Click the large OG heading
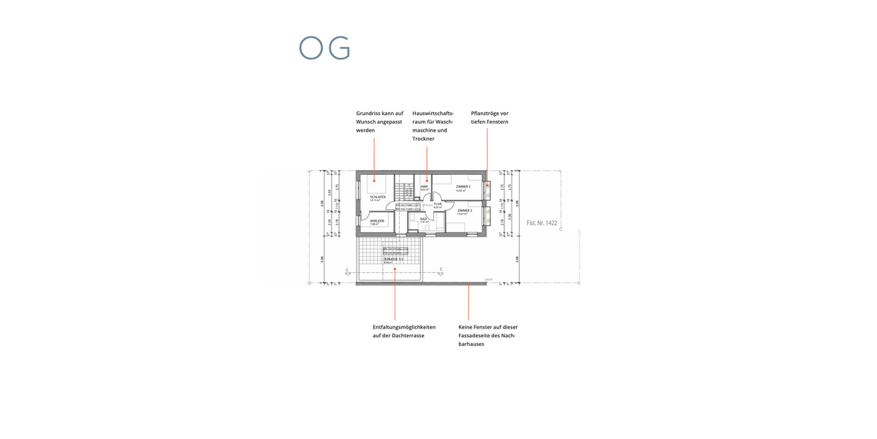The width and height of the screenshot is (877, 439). [324, 48]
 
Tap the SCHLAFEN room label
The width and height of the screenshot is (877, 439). [378, 197]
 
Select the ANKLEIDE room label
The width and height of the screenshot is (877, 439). [377, 220]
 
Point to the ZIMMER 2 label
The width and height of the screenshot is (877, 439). [463, 187]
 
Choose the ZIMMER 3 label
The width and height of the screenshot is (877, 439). [464, 210]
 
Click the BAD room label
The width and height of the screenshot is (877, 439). [423, 218]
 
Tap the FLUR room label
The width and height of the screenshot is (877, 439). [438, 204]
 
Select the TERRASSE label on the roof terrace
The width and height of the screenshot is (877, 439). [392, 259]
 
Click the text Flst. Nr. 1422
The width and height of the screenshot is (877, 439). [542, 222]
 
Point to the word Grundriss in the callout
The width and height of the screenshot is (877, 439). [368, 113]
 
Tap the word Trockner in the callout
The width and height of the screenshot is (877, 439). [423, 138]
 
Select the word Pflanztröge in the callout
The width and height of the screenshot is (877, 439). [485, 113]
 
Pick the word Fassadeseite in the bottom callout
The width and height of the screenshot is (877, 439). [475, 335]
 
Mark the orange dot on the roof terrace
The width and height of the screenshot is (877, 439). [395, 269]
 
